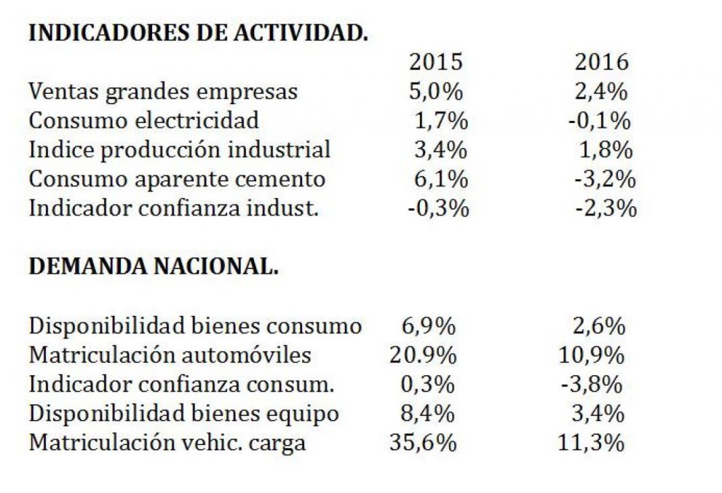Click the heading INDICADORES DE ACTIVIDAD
(x=198, y=33)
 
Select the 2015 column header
(x=436, y=62)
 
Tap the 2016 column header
(x=601, y=62)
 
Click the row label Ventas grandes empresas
(x=163, y=91)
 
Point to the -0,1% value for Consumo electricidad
(x=600, y=121)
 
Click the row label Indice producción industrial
(x=180, y=149)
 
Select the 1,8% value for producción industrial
(x=606, y=149)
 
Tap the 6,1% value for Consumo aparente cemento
(x=441, y=179)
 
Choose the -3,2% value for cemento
(x=605, y=179)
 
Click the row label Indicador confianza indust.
(x=173, y=208)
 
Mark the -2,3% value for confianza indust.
(x=605, y=208)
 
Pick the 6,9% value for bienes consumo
(x=429, y=326)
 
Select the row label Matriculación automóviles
(x=170, y=355)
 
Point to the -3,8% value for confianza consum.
(x=591, y=385)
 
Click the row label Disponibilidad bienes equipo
(x=183, y=414)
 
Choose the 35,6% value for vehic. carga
(x=423, y=443)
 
